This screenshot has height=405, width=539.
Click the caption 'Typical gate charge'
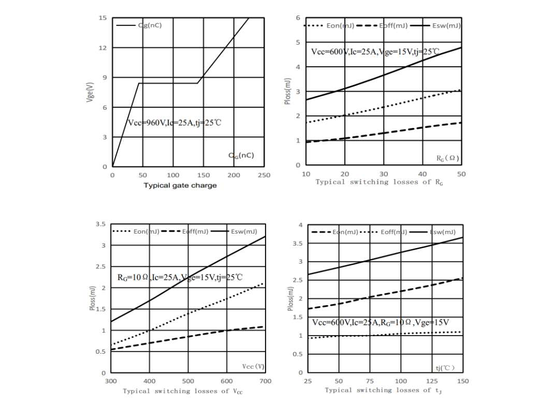pyautogui.click(x=180, y=185)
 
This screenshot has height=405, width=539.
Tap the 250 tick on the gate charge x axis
pyautogui.click(x=264, y=175)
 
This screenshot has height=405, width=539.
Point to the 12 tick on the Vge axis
pyautogui.click(x=103, y=48)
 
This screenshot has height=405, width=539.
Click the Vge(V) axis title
pyautogui.click(x=90, y=93)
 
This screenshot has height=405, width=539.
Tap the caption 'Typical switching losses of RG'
pyautogui.click(x=380, y=182)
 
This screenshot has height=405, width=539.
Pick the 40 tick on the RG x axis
pyautogui.click(x=423, y=173)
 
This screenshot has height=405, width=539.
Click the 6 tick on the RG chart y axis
pyautogui.click(x=298, y=18)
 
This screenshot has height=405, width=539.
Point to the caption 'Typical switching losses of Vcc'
pyautogui.click(x=182, y=391)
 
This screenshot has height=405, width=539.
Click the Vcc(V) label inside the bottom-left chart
pyautogui.click(x=253, y=366)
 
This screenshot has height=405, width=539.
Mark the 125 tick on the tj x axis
pyautogui.click(x=431, y=381)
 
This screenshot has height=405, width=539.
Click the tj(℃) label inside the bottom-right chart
pyautogui.click(x=445, y=368)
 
